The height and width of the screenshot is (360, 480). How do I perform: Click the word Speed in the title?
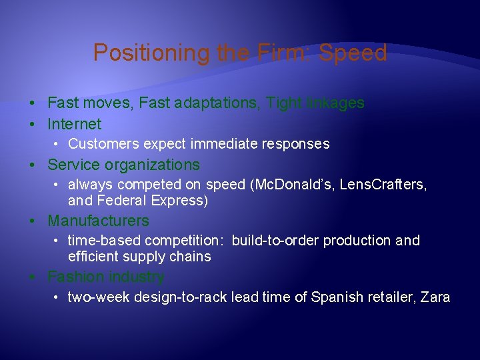pos(353,53)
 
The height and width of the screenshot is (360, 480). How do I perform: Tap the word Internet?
pos(75,124)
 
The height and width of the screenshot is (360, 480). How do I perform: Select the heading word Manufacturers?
pos(99,221)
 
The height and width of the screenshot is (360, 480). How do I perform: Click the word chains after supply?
pos(189,257)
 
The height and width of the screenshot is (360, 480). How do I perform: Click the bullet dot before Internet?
pos(32,125)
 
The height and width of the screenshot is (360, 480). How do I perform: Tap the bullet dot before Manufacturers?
pos(32,221)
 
